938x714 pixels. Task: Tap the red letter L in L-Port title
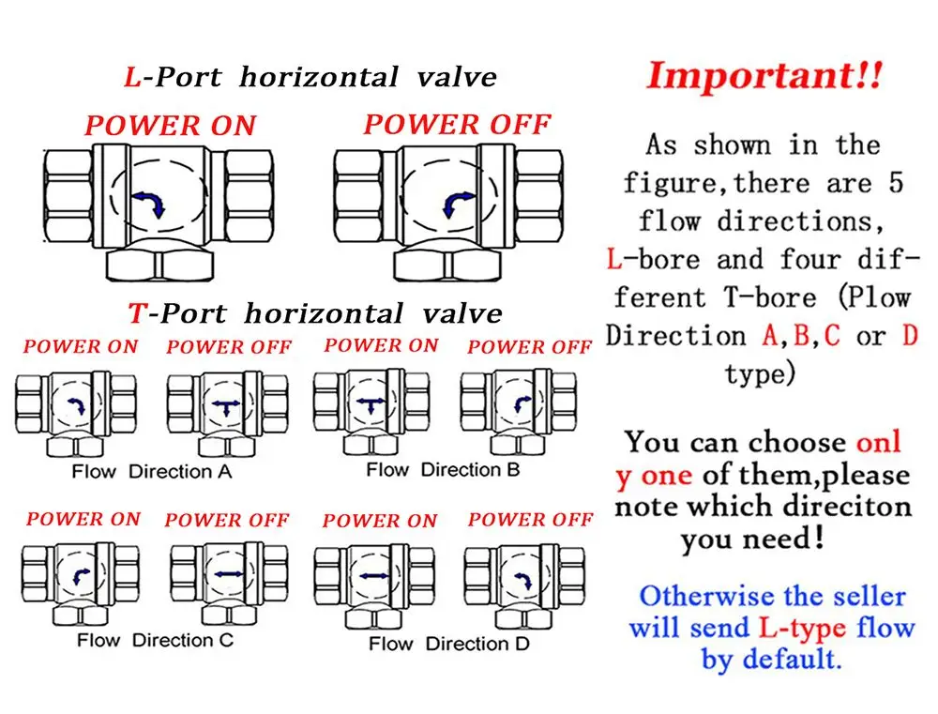click(x=131, y=78)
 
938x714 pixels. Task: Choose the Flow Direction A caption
click(x=151, y=472)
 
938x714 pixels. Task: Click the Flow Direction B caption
click(x=442, y=469)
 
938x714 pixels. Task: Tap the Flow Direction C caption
click(x=155, y=641)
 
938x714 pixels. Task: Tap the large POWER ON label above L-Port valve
click(x=170, y=127)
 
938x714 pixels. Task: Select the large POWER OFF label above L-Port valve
click(x=457, y=124)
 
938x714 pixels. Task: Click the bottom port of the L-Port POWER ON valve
click(x=158, y=266)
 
